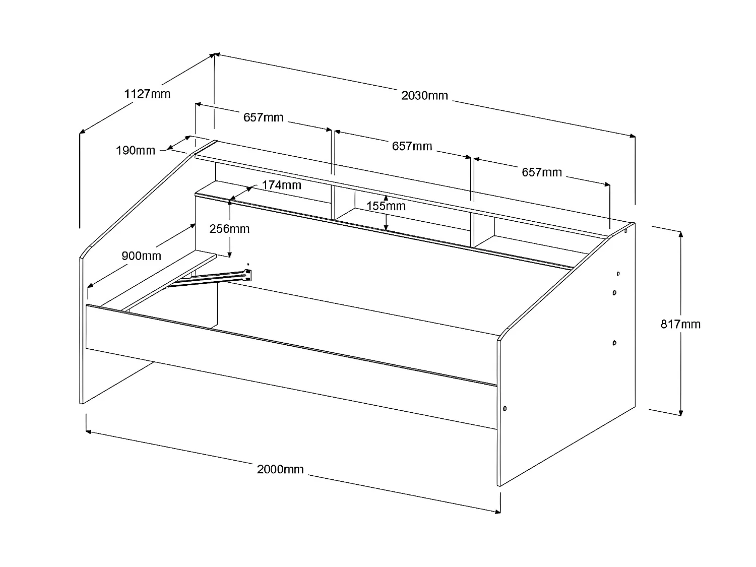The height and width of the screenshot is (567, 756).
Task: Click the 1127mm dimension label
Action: (x=147, y=94)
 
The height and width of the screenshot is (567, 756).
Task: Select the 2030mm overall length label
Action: (x=424, y=95)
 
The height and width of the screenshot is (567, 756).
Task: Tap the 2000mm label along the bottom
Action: (x=280, y=469)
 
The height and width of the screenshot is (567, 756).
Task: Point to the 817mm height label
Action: (x=680, y=324)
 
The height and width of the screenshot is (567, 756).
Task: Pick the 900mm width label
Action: (x=141, y=256)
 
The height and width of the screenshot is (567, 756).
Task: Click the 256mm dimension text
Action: (x=229, y=229)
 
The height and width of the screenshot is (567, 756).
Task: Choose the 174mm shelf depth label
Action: (x=281, y=185)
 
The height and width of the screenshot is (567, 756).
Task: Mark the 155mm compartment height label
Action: (x=386, y=206)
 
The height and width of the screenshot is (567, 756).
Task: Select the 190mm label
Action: (x=136, y=150)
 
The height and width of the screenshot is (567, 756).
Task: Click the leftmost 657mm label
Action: (x=263, y=117)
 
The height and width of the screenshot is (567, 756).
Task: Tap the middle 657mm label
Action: (x=412, y=146)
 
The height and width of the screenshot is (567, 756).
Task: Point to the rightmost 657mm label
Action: (x=541, y=172)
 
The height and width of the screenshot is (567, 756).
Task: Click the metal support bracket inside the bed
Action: (x=217, y=277)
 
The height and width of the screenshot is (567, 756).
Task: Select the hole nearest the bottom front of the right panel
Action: (x=505, y=408)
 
